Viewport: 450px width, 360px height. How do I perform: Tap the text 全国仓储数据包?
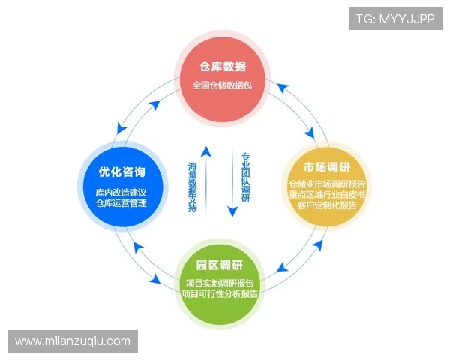(x=222, y=85)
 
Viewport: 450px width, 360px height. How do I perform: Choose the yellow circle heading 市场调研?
(x=327, y=166)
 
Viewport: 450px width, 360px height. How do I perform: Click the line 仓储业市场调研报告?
(x=327, y=184)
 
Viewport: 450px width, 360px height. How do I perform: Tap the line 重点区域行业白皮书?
(x=327, y=195)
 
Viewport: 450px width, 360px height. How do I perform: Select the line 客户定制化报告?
(x=327, y=205)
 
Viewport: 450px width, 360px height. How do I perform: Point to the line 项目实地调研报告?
(x=220, y=283)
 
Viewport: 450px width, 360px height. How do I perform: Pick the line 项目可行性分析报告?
(x=220, y=294)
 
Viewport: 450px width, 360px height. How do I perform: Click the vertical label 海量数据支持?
(x=193, y=184)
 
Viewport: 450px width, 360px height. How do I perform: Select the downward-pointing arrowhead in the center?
(x=232, y=212)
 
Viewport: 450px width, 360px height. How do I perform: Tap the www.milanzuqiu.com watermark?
(x=73, y=341)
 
